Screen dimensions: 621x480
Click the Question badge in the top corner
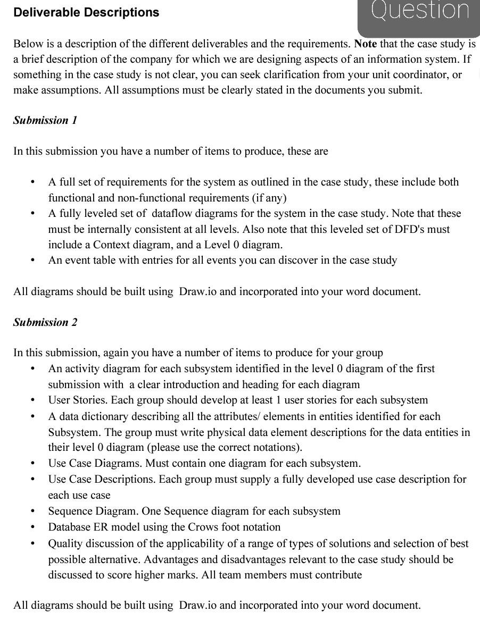(420, 12)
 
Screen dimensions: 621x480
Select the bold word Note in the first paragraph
(365, 44)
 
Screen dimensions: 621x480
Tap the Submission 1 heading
(45, 120)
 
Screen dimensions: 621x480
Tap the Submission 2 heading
(45, 322)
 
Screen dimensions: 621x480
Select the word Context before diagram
(112, 245)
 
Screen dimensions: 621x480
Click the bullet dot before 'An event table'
(33, 261)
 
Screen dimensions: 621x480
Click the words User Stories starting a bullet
(76, 400)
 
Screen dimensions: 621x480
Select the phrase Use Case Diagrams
(94, 463)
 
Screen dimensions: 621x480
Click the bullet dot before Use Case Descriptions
(33, 480)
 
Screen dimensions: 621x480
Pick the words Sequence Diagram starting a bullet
(93, 511)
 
